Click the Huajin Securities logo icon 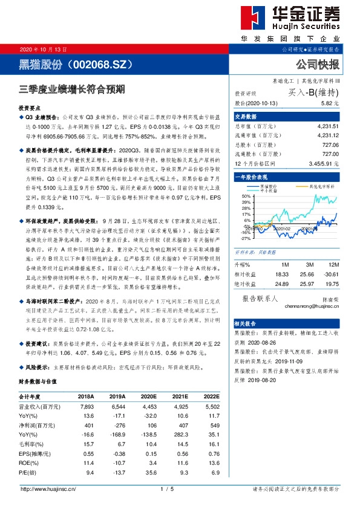tap(251, 20)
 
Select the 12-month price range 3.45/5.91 tap(333, 164)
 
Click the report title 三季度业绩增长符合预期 tap(71, 89)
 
